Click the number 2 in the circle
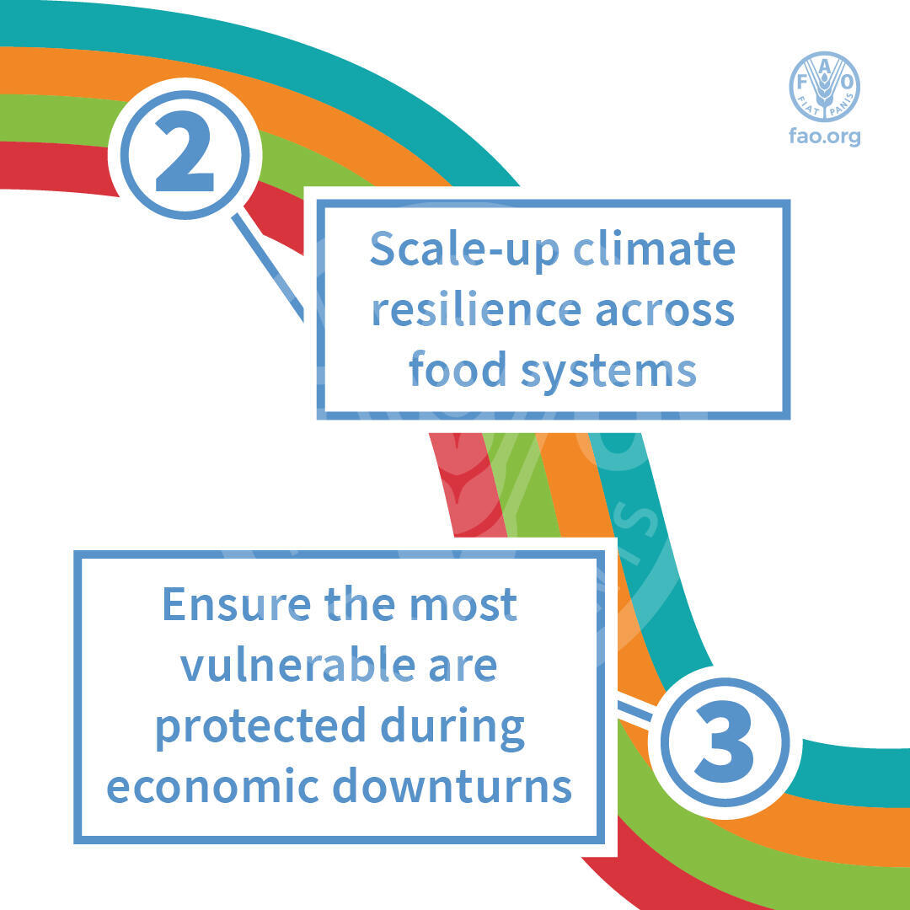pyautogui.click(x=185, y=152)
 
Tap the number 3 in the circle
pyautogui.click(x=725, y=742)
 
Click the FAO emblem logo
pyautogui.click(x=824, y=87)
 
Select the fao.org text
pyautogui.click(x=824, y=137)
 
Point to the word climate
pyautogui.click(x=654, y=249)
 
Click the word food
pyautogui.click(x=458, y=369)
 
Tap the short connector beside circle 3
pyautogui.click(x=636, y=712)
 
